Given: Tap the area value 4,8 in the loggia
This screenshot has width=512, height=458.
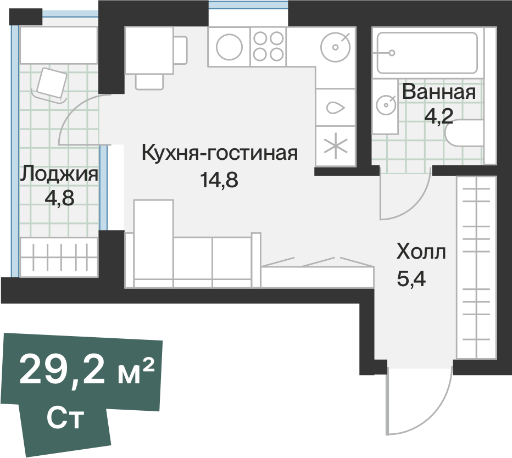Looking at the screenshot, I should pos(59,197).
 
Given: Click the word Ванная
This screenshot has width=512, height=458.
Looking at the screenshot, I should pos(438,92).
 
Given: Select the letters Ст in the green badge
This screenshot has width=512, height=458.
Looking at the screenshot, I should pos(65,419).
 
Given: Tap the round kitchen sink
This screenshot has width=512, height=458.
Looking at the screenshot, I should pos(335,46).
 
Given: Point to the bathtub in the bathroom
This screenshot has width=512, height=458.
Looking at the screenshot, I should pos(426,53).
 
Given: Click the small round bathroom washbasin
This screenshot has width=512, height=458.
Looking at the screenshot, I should pos(387,103).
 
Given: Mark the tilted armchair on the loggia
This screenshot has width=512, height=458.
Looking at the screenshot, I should pos(51,83).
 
